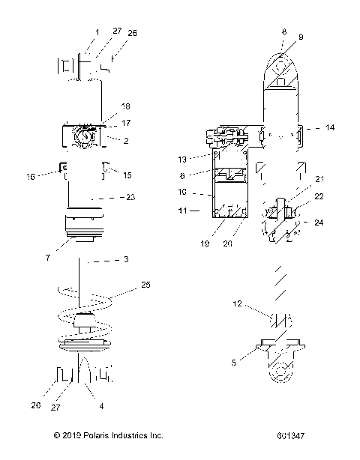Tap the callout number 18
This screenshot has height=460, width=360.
click(x=125, y=107)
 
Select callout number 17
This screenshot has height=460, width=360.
click(x=125, y=123)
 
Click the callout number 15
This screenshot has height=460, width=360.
click(x=127, y=176)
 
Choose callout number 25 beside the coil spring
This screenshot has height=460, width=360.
click(x=145, y=285)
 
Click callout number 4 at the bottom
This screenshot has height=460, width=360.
click(x=101, y=407)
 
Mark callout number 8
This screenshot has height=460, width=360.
click(x=283, y=32)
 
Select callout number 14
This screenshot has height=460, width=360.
click(x=329, y=129)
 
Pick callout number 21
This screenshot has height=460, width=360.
click(x=321, y=199)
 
